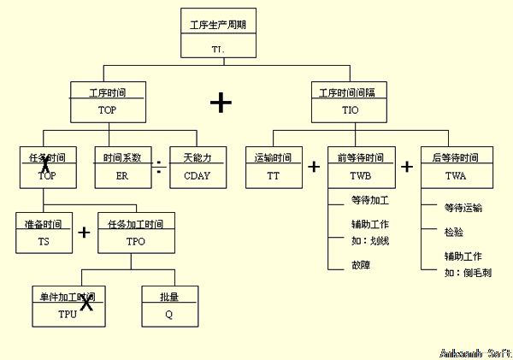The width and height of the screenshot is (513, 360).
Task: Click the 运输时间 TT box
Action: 273,167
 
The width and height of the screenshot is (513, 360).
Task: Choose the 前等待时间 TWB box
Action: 362,167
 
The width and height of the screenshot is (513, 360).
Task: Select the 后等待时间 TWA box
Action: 456,167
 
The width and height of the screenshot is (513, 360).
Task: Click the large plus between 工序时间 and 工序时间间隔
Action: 221,103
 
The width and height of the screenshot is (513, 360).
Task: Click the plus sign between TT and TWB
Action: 313,167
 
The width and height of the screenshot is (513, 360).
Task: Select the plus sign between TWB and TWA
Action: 407,167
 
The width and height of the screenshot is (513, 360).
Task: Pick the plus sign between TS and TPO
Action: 84,233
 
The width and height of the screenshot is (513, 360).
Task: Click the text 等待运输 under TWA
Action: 463,208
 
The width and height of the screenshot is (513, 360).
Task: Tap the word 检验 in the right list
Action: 454,232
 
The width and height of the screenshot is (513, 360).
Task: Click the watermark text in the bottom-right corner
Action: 475,352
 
